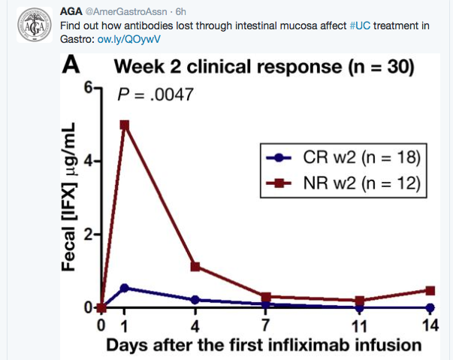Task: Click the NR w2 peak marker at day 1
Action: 125,125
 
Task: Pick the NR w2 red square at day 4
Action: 195,266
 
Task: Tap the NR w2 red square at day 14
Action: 430,290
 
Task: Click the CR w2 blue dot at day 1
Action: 125,288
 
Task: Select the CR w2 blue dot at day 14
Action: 430,307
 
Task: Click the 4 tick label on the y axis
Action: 89,161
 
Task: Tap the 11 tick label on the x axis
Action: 361,326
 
